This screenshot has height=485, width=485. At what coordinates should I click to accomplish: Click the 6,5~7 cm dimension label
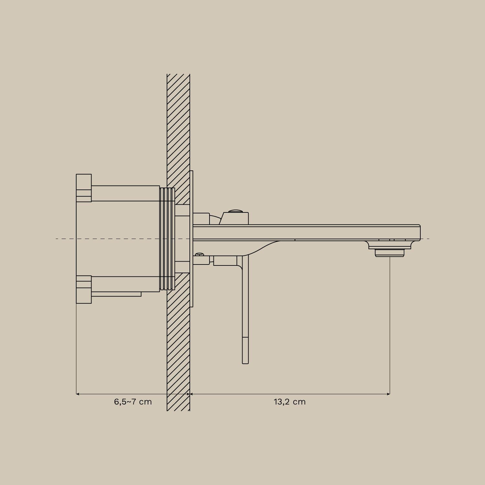click(133, 402)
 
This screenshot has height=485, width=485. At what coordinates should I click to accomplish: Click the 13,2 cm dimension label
click(289, 402)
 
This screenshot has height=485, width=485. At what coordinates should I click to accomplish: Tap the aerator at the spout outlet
click(390, 253)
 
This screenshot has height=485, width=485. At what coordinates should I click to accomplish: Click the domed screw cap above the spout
click(236, 211)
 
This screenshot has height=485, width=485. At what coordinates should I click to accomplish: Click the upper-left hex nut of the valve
click(84, 188)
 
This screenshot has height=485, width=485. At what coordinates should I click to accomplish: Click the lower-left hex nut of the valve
click(84, 289)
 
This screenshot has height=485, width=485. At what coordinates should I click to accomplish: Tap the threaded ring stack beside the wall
click(167, 239)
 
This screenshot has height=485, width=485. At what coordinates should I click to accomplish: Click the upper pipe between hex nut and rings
click(125, 193)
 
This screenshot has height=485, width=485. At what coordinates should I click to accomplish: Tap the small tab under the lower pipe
click(116, 294)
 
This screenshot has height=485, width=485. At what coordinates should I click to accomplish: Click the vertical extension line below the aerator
click(390, 323)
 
